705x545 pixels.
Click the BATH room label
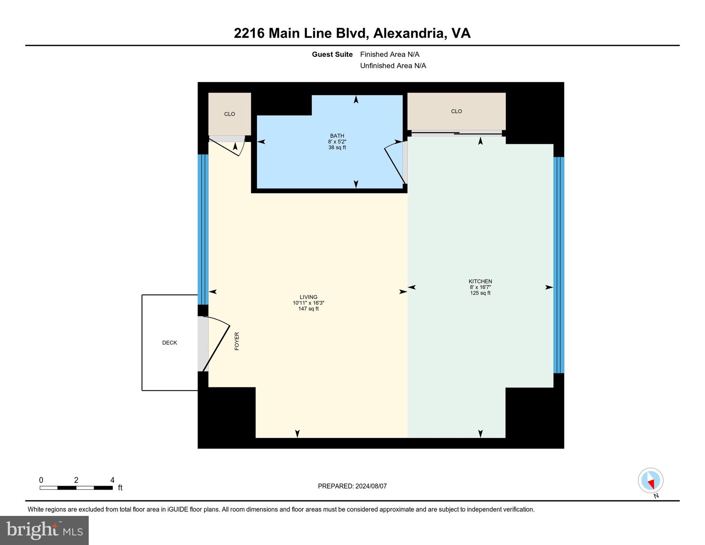[x=337, y=136]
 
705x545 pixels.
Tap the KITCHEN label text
[x=480, y=281]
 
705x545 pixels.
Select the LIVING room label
[x=308, y=297]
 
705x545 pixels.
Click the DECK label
[x=169, y=343]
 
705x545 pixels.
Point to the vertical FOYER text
[x=237, y=341]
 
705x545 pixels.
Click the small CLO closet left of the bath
[x=230, y=114]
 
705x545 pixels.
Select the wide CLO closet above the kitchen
[x=456, y=111]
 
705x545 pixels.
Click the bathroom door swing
[x=395, y=161]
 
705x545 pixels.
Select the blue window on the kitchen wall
[x=558, y=265]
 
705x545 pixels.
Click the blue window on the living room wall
[x=203, y=230]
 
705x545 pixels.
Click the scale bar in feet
[x=76, y=488]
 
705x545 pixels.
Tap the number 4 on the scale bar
[x=112, y=480]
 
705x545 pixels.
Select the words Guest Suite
[x=332, y=54]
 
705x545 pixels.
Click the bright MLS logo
[x=44, y=530]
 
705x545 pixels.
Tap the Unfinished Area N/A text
[x=393, y=66]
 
